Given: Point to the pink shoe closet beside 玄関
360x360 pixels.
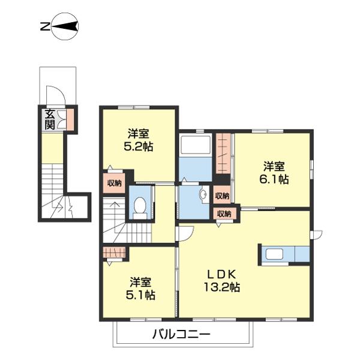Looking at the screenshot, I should [x=70, y=120].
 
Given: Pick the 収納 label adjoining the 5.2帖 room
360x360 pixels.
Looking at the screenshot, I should [x=114, y=184].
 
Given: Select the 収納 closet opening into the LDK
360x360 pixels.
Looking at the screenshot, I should [x=223, y=214].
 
